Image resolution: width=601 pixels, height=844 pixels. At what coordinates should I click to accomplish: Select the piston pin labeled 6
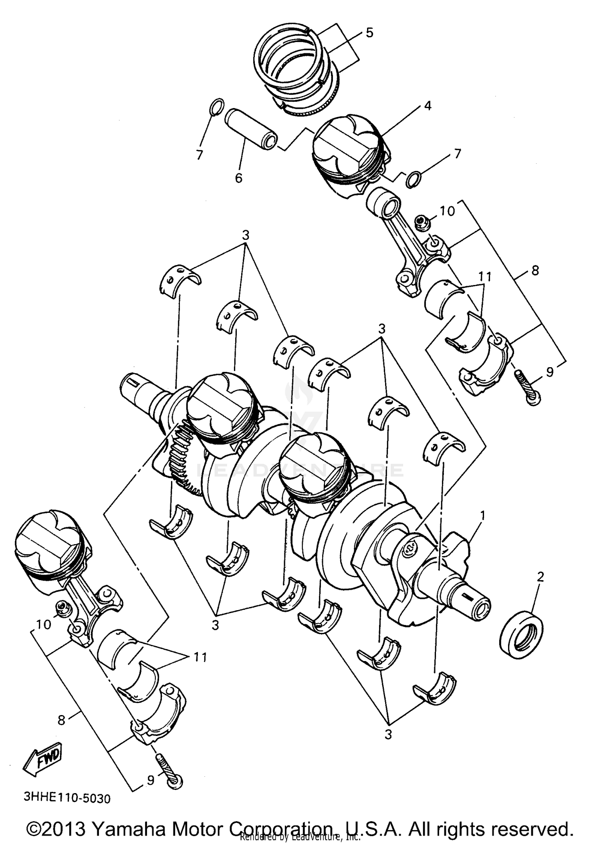[x=251, y=129]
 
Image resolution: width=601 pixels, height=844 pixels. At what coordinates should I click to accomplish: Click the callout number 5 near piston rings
[x=369, y=33]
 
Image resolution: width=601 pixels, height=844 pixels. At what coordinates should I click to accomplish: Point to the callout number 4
[x=428, y=106]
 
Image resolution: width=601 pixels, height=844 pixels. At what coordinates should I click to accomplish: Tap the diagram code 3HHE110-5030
[x=67, y=798]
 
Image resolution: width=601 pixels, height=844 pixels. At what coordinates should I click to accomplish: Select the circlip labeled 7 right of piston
[x=413, y=179]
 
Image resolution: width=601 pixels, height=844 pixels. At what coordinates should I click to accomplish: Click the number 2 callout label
[x=540, y=577]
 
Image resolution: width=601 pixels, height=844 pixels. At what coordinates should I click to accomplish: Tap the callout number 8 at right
[x=535, y=270]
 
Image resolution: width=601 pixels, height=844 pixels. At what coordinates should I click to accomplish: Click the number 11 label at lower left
[x=200, y=657]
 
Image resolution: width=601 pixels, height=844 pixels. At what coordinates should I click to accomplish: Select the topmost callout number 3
[x=246, y=235]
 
